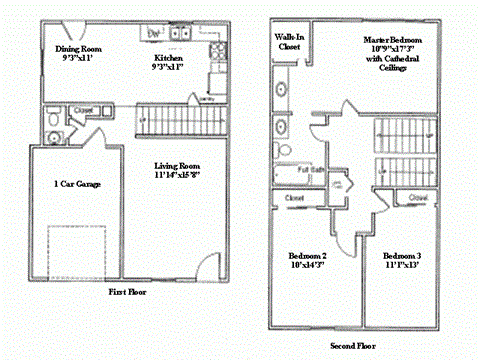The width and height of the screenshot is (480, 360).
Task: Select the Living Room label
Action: [176, 170]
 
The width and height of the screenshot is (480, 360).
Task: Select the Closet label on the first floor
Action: [83, 110]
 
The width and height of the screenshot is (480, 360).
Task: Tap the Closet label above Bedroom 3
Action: [418, 198]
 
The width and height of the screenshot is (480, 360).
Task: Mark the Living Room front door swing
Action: [204, 268]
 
